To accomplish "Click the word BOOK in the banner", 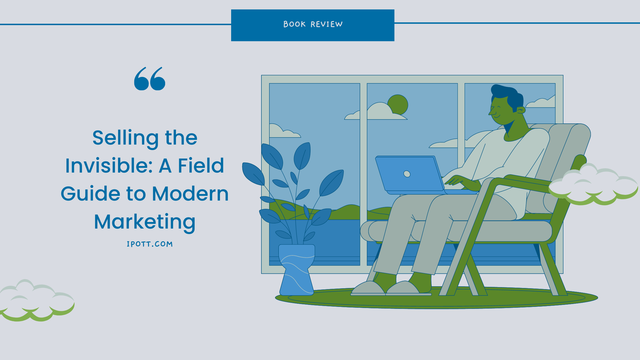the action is [294, 24].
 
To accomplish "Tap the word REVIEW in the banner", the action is [327, 24].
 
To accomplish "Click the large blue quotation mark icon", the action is [150, 79].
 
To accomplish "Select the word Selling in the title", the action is [125, 138].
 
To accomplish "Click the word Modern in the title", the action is [190, 194].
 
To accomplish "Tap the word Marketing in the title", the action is [145, 222].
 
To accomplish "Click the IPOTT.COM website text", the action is [150, 244].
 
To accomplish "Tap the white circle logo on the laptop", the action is [407, 174].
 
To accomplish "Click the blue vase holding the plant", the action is [297, 270].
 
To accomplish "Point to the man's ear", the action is [521, 110].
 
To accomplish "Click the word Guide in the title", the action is [91, 194].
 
